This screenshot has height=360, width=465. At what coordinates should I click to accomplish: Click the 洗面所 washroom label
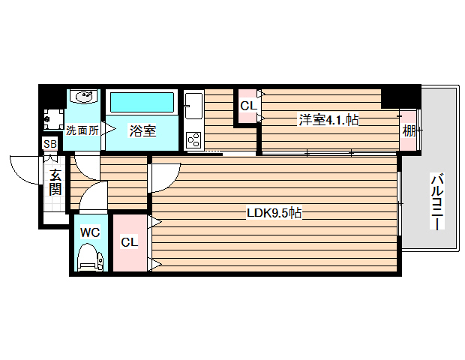tap(82, 130)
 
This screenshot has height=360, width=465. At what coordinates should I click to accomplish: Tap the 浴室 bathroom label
tap(142, 130)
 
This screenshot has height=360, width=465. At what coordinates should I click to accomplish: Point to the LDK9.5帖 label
tap(274, 214)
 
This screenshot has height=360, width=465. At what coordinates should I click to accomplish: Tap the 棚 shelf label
tap(408, 130)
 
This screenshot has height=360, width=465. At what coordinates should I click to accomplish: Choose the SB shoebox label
tap(50, 144)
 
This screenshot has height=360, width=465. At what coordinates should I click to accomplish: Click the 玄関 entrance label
tap(55, 182)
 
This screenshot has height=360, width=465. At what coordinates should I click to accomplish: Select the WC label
tap(90, 232)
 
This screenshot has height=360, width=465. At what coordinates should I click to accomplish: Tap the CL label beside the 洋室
tap(247, 106)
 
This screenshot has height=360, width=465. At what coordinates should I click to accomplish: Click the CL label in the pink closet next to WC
tap(130, 242)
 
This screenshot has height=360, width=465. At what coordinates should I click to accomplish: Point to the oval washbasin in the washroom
tap(82, 97)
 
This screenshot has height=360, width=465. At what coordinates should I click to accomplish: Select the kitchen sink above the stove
tap(193, 104)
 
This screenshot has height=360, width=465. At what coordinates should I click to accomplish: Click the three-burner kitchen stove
tap(193, 139)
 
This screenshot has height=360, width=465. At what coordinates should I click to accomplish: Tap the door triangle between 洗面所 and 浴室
tap(106, 129)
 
